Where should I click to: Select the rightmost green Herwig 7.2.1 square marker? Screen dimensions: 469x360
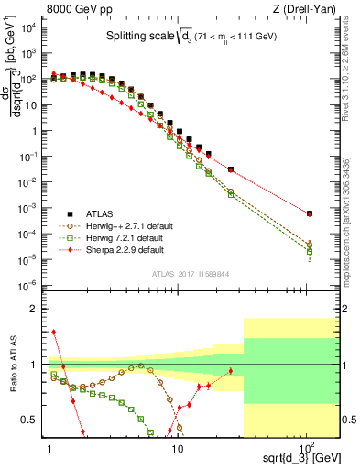[x=310, y=251]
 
